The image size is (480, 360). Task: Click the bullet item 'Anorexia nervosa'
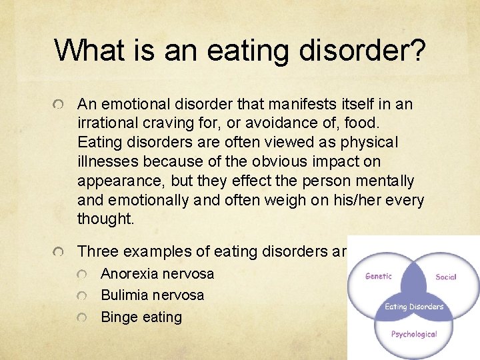point(157,273)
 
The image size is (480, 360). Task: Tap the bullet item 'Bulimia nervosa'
point(153,295)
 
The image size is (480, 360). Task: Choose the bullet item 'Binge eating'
point(141,317)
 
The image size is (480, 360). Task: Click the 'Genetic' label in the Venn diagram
point(378,276)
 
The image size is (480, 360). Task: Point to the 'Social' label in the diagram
point(445,277)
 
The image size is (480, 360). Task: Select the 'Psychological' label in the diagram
point(414,334)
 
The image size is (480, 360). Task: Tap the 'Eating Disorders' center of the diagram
point(414,307)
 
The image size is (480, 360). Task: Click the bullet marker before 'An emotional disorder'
point(59,105)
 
